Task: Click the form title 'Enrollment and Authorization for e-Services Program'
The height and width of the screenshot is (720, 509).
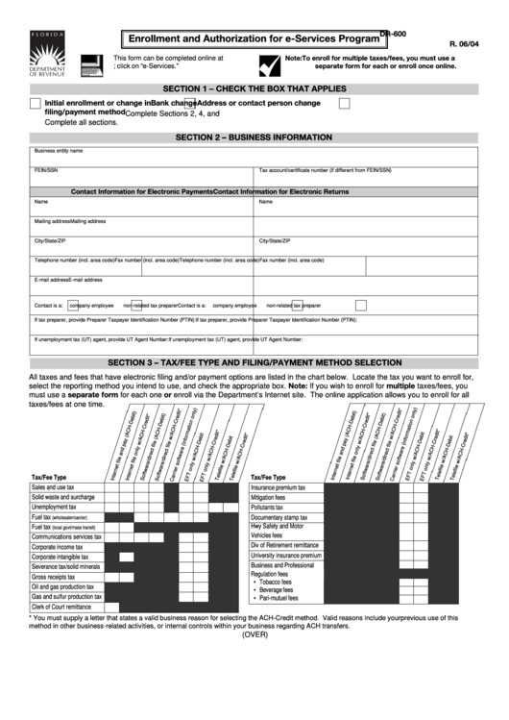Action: click(248, 39)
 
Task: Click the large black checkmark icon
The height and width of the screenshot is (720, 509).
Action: click(269, 65)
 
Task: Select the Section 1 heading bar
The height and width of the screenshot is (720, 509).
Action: click(254, 88)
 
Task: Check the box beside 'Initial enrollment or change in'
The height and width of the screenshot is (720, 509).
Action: click(36, 103)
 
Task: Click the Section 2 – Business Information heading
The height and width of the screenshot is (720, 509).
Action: click(254, 137)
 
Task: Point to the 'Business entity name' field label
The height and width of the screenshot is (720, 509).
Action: click(59, 151)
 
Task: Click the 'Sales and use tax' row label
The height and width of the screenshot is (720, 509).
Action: click(53, 487)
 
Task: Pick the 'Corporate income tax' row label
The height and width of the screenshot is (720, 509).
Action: click(58, 547)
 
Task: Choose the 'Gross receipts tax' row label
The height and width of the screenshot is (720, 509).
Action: click(54, 577)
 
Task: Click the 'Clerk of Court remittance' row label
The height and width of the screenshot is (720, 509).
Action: click(61, 607)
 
